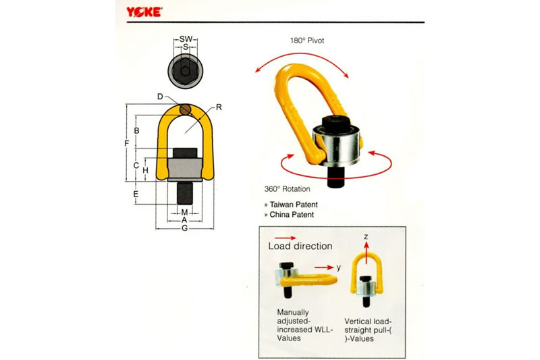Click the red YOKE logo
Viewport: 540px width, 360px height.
click(144, 12)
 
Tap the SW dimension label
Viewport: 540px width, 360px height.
click(186, 39)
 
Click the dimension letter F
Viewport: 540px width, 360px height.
click(127, 143)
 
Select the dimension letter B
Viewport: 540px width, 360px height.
click(137, 131)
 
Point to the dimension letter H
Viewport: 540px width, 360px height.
click(145, 170)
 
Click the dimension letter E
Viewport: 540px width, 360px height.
click(136, 194)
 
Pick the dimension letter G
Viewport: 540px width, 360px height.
click(184, 228)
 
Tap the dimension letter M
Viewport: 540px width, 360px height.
click(184, 212)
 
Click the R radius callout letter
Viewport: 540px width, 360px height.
click(219, 107)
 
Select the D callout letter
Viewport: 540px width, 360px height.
click(160, 97)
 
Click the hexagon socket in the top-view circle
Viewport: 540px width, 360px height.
click(185, 72)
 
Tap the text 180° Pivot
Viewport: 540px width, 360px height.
click(307, 41)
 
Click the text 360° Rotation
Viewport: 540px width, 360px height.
click(288, 189)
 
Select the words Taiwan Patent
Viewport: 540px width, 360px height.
click(294, 204)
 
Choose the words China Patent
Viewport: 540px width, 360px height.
click(292, 215)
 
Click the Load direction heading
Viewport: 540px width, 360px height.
click(300, 246)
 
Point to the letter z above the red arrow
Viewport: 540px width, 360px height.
click(366, 236)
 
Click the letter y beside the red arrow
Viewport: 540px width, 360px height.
click(339, 267)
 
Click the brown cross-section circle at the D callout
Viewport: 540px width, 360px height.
click(185, 109)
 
